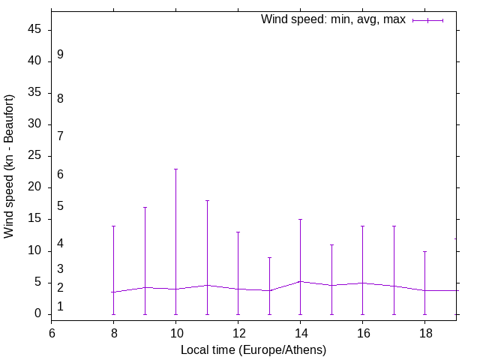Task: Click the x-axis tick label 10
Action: pyautogui.click(x=175, y=334)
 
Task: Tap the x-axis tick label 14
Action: pyautogui.click(x=300, y=334)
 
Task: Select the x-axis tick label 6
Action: pyautogui.click(x=52, y=334)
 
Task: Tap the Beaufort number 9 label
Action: pyautogui.click(x=60, y=55)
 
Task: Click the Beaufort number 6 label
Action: pyautogui.click(x=60, y=175)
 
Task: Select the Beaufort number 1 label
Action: pyautogui.click(x=60, y=307)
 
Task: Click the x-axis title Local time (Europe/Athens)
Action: pyautogui.click(x=253, y=349)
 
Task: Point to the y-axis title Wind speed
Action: pyautogui.click(x=9, y=166)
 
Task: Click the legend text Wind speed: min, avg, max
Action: pyautogui.click(x=333, y=19)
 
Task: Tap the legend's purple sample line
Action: pyautogui.click(x=427, y=20)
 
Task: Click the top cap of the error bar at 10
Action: pyautogui.click(x=175, y=169)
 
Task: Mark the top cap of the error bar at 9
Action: pyautogui.click(x=145, y=207)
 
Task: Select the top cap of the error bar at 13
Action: pyautogui.click(x=269, y=257)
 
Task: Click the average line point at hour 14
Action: pyautogui.click(x=300, y=281)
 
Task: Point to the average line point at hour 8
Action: pyautogui.click(x=114, y=292)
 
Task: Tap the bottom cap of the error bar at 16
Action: pyautogui.click(x=362, y=314)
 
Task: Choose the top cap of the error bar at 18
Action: pyautogui.click(x=424, y=251)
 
